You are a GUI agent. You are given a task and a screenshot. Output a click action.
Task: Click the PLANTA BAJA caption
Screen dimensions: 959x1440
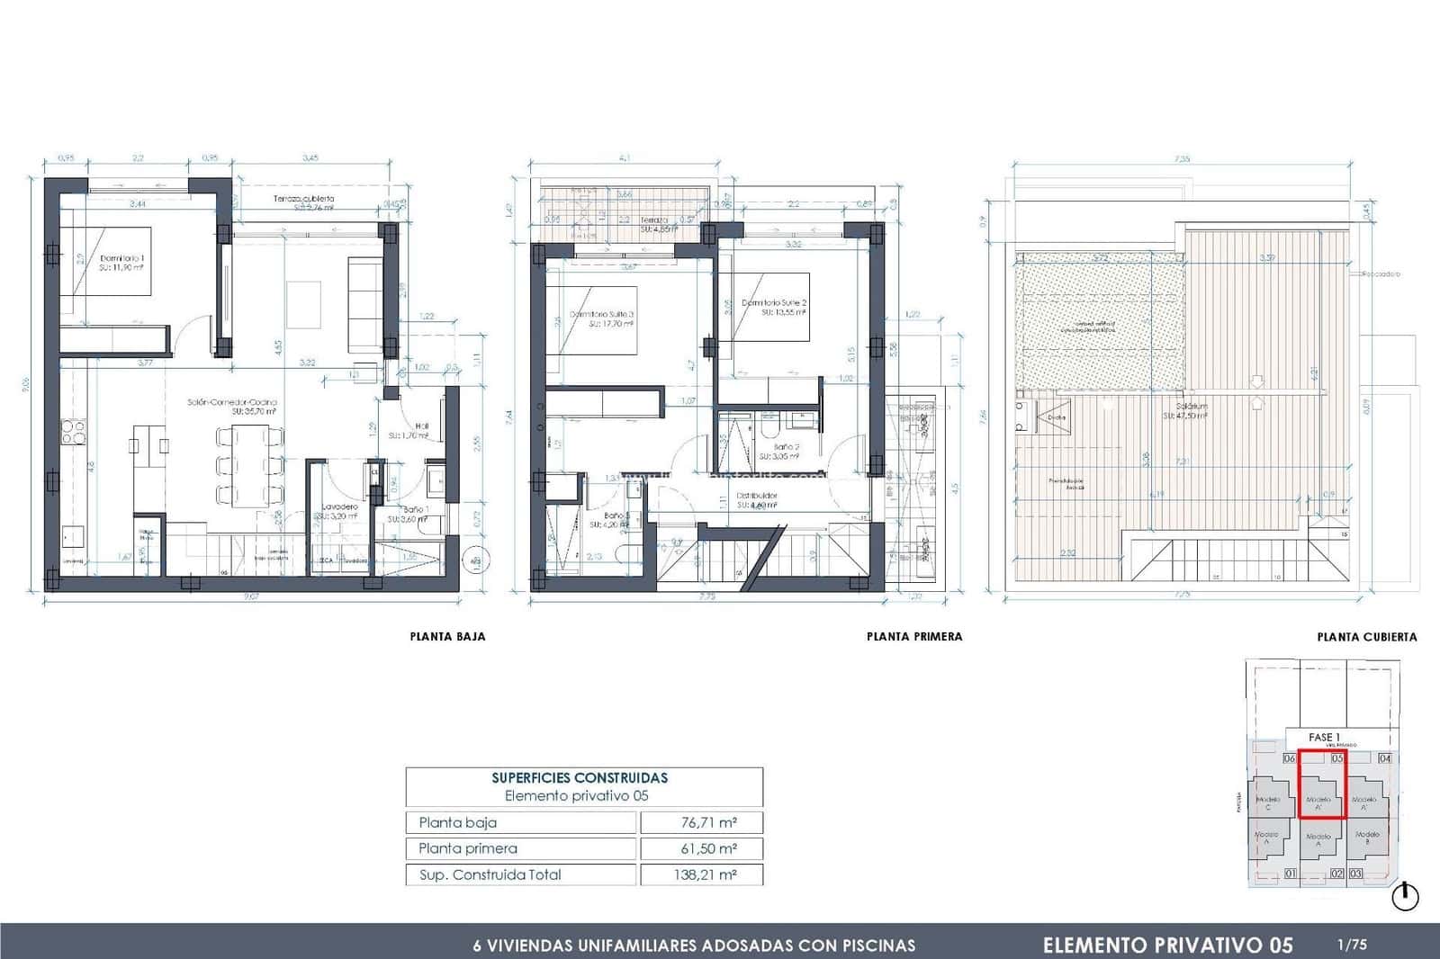447,636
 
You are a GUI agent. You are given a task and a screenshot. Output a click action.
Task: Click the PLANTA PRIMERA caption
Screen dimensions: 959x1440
914,636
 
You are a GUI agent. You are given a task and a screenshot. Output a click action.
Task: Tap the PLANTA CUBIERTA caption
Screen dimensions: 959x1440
1366,637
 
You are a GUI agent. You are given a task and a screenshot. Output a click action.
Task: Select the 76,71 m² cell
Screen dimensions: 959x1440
701,822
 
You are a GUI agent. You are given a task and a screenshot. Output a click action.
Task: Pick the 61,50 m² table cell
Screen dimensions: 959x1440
701,848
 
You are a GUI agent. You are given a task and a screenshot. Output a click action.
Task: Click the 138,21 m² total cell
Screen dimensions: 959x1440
701,874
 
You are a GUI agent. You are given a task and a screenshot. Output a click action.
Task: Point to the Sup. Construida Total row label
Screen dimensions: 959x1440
490,874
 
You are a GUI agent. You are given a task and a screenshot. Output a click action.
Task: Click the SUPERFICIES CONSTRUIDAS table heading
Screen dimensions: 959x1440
580,778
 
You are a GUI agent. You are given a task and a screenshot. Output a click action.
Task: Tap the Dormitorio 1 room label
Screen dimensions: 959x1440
122,258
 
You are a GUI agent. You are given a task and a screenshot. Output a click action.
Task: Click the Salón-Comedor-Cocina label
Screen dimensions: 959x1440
232,402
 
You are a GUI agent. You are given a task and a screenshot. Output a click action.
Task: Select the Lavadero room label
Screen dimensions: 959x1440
339,507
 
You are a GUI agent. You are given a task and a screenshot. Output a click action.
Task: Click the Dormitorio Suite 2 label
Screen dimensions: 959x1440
773,303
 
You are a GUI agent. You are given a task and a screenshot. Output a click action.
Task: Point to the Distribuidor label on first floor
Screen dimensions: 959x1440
757,496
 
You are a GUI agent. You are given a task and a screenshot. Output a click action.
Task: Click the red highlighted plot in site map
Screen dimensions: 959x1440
1320,791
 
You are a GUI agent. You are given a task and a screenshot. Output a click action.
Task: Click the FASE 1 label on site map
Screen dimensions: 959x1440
1324,737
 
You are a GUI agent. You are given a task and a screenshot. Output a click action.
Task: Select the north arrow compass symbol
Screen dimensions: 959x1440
1405,896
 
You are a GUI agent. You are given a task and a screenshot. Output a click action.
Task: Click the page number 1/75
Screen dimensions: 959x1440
1352,945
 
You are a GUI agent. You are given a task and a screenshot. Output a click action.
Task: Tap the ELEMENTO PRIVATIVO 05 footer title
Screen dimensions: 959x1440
1167,945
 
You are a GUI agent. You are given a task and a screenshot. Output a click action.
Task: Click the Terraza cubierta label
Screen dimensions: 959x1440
303,199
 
